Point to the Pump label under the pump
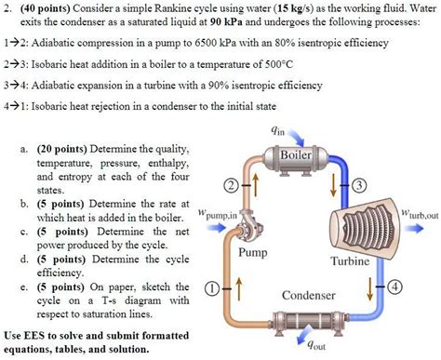pos(254,252)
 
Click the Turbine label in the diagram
pos(350,261)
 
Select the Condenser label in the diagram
pos(307,296)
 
